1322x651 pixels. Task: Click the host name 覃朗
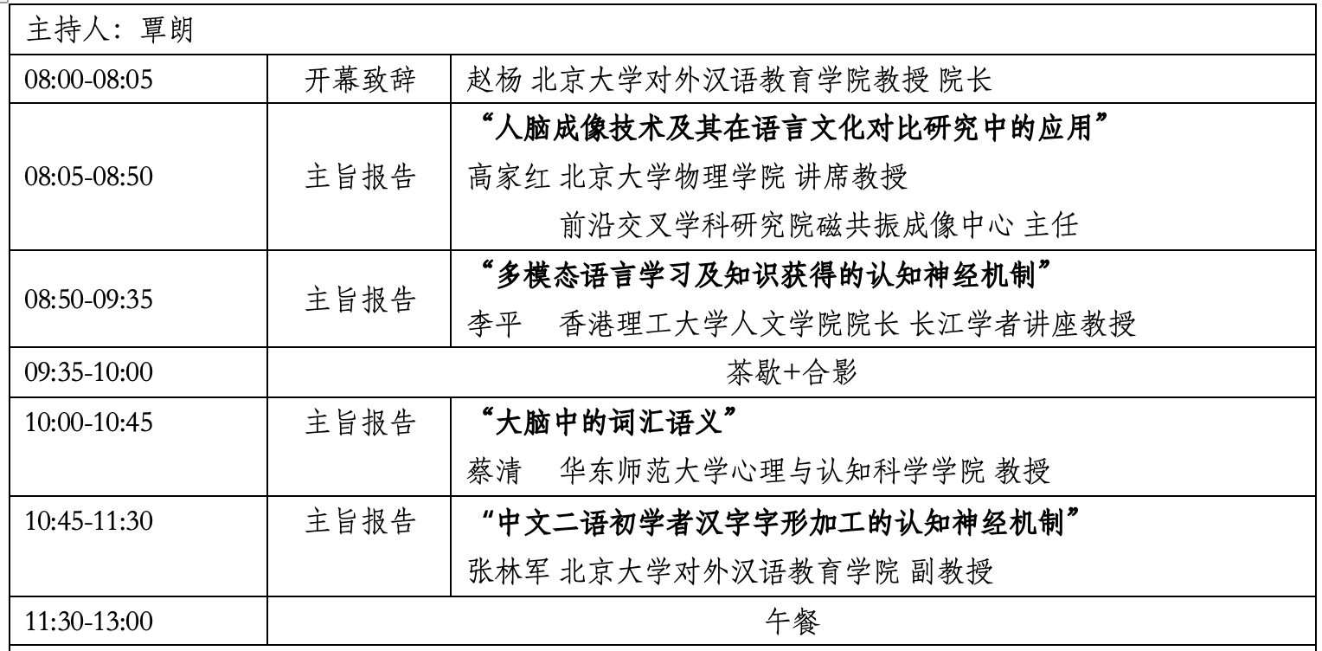[x=167, y=29]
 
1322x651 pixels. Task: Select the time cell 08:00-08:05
[x=88, y=79]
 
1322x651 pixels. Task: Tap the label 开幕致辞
[x=360, y=80]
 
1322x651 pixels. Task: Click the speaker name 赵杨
[x=495, y=80]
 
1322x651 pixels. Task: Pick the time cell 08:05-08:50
[x=88, y=176]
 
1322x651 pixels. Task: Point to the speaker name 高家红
[x=509, y=177]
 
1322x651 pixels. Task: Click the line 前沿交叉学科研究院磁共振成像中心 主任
[x=819, y=225]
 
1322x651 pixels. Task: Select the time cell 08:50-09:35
[x=88, y=299]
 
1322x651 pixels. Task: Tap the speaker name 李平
[x=495, y=324]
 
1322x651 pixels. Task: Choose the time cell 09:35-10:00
[x=88, y=371]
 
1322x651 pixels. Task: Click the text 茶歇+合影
[x=791, y=372]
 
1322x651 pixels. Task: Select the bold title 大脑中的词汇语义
[x=608, y=422]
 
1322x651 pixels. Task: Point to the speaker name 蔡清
[x=495, y=471]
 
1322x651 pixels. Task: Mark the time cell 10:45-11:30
[x=88, y=520]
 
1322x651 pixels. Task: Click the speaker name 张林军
[x=509, y=571]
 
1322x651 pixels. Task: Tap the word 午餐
[x=792, y=622]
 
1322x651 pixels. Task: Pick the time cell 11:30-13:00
[x=88, y=621]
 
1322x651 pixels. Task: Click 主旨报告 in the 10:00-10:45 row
[x=360, y=422]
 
